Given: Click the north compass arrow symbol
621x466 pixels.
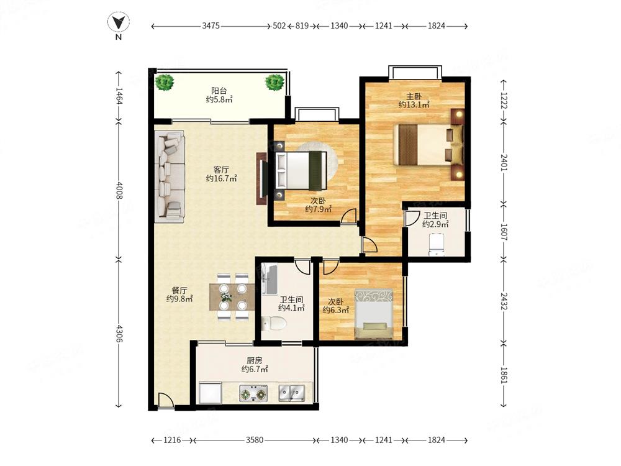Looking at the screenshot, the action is [119, 22].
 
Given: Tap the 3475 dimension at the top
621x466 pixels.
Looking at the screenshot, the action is [211, 25].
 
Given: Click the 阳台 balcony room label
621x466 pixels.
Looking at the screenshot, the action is [219, 91].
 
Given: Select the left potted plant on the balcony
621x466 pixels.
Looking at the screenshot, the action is [165, 83].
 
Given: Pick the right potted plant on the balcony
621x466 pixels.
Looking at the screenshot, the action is [274, 83].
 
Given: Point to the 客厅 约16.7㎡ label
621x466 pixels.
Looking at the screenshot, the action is [221, 175].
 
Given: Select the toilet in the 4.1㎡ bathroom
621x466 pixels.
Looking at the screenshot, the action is [273, 323].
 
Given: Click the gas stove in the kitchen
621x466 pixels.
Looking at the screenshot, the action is [253, 393].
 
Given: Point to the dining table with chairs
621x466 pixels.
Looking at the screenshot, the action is [232, 296].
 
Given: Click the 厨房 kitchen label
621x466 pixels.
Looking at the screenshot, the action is [254, 361].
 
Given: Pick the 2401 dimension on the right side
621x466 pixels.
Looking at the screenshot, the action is [504, 162].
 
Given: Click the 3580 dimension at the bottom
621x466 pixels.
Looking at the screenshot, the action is [255, 440].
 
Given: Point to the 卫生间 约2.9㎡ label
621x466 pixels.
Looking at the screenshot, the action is [435, 220].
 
